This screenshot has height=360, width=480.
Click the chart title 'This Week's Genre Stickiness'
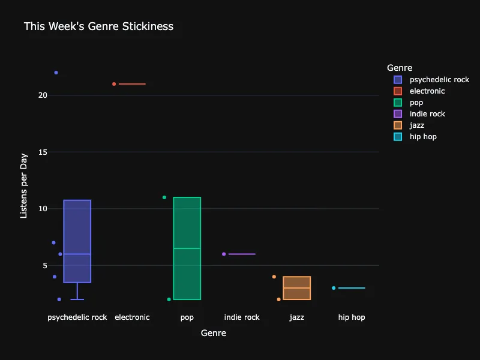[98, 26]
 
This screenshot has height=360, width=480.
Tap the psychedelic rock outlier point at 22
[56, 73]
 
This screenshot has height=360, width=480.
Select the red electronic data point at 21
[114, 84]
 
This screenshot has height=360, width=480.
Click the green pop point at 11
[164, 197]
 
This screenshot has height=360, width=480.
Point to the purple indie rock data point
[224, 254]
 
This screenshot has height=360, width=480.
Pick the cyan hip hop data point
[334, 288]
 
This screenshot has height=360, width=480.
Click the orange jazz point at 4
[274, 277]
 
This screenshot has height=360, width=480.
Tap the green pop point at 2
[169, 299]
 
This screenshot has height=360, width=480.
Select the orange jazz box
[296, 288]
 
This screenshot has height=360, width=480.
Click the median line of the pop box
[187, 248]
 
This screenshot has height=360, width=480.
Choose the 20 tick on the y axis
[43, 95]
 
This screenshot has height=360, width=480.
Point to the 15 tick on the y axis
[43, 152]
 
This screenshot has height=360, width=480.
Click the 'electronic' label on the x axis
[132, 317]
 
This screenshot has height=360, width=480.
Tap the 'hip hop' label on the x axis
[352, 317]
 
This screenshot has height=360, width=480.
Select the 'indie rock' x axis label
[242, 317]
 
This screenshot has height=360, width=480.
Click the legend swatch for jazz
[398, 125]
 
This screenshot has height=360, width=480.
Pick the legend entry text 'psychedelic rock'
[439, 80]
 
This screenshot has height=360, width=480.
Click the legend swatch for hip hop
[398, 137]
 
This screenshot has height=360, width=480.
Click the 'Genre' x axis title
[214, 333]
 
